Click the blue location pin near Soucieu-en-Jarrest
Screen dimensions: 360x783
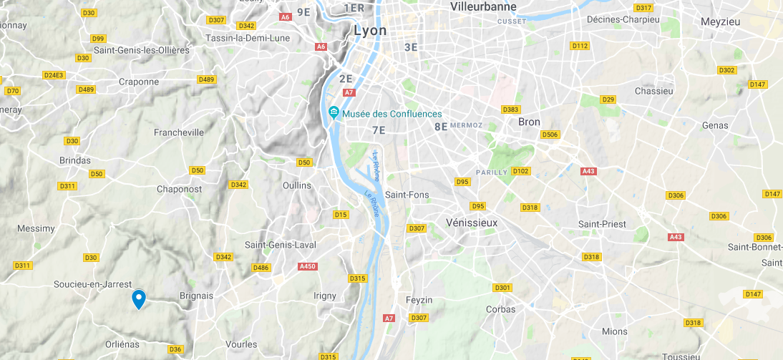tap(139, 298)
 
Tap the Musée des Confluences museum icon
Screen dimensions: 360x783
tap(334, 114)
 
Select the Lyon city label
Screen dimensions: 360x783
tap(370, 31)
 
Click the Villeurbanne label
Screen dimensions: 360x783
tap(483, 6)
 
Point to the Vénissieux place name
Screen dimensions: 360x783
tap(471, 223)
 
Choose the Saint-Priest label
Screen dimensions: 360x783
tap(602, 224)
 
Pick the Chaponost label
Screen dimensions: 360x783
tap(179, 190)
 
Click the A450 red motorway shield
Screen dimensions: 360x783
tap(307, 266)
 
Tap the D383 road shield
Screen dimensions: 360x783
tap(510, 110)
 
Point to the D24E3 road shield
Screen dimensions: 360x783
tap(54, 75)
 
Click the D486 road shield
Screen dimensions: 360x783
tap(261, 268)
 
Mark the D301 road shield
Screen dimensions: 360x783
tap(502, 288)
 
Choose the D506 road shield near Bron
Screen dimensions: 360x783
tap(550, 135)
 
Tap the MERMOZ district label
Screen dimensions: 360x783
tap(467, 125)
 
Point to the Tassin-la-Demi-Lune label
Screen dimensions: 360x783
tap(247, 38)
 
